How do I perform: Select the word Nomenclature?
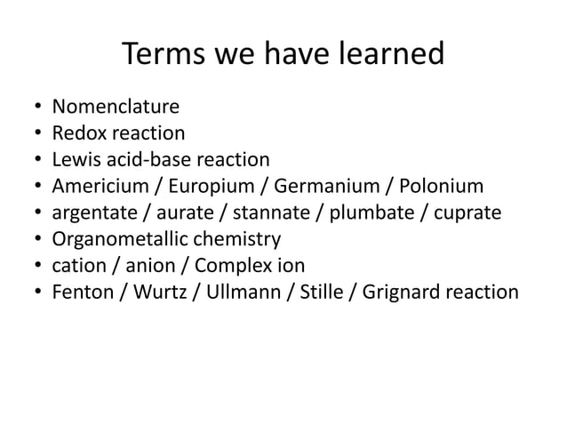[116, 108]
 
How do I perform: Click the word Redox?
[77, 134]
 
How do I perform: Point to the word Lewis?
[74, 160]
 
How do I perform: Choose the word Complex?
[229, 265]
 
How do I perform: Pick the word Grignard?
[398, 291]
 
